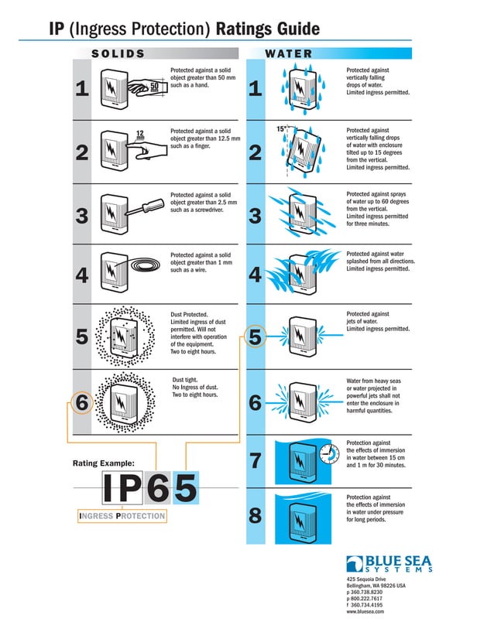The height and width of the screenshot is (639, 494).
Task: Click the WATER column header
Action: coord(289,53)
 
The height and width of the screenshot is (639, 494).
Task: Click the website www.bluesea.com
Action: coord(366,611)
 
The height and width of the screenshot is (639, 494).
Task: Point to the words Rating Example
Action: coord(103,463)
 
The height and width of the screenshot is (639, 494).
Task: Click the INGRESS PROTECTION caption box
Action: coord(122,515)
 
